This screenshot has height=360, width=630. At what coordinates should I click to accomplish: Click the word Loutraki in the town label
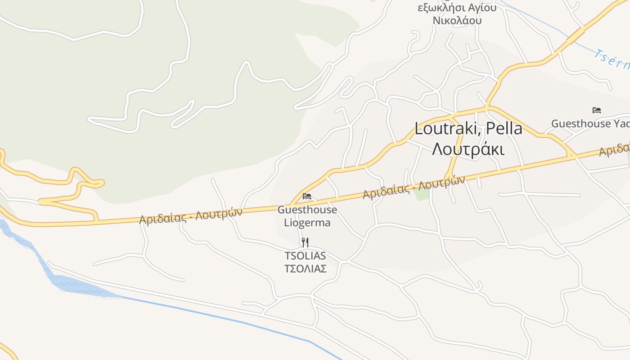(447, 129)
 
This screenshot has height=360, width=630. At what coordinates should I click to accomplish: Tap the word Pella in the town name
(504, 129)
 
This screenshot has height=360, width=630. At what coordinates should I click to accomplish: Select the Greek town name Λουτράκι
(468, 148)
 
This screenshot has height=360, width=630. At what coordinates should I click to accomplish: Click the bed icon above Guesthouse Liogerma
(307, 196)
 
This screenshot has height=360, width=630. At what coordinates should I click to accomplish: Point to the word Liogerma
(307, 223)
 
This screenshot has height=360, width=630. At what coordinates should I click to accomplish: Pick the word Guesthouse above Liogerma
(307, 210)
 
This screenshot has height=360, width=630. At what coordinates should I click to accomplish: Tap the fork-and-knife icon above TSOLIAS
(305, 243)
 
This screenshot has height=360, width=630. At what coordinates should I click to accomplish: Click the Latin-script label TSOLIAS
(305, 256)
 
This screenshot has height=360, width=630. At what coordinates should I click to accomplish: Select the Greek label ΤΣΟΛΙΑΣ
(305, 269)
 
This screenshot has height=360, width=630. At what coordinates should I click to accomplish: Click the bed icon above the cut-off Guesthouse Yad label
(597, 110)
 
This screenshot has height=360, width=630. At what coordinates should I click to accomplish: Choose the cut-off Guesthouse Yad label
(590, 124)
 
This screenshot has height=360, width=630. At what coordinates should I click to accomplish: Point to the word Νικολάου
(457, 20)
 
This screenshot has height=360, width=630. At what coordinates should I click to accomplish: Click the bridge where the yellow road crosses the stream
(575, 36)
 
